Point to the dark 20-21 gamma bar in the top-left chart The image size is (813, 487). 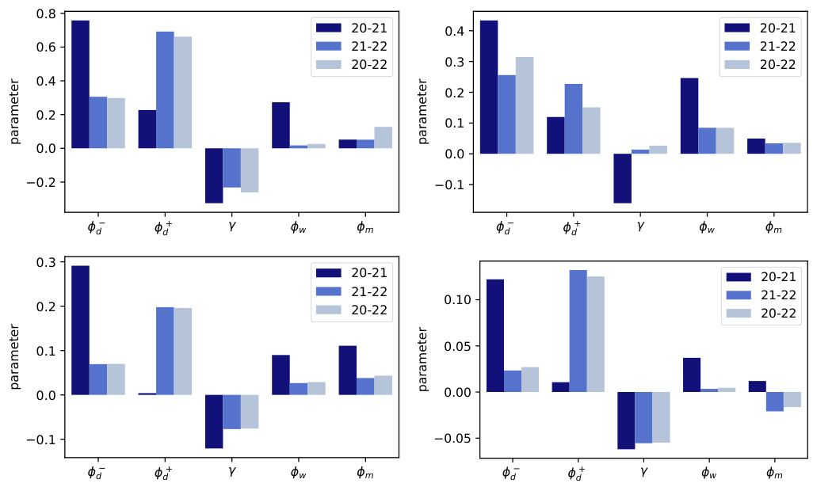click(214, 176)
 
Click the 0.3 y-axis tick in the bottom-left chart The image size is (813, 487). click(46, 262)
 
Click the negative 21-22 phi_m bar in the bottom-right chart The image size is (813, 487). click(775, 401)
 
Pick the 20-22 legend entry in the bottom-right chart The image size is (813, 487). click(777, 314)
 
